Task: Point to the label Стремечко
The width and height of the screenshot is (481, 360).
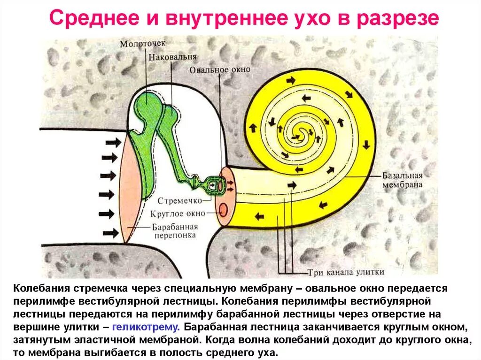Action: tap(179, 201)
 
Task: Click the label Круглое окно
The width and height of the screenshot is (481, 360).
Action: tap(178, 214)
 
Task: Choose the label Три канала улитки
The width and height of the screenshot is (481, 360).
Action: tap(346, 272)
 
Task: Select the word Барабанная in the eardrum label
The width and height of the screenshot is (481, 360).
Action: tap(174, 227)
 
